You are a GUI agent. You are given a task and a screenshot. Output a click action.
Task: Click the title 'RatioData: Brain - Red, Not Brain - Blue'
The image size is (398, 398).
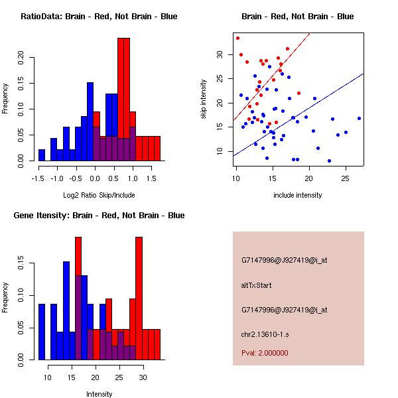(x=99, y=17)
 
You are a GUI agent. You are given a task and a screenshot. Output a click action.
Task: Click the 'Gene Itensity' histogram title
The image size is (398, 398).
(x=99, y=216)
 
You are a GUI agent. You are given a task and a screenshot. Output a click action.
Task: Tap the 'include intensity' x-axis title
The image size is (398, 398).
(x=298, y=196)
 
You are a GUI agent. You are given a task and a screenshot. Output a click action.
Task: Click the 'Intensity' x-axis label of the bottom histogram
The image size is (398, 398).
(x=99, y=395)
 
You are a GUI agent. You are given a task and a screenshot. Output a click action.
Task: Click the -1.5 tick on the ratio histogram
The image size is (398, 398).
(x=38, y=178)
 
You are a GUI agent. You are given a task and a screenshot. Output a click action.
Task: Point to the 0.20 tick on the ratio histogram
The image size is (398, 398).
(x=20, y=57)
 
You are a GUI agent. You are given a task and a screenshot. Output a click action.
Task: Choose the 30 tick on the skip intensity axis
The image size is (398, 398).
(x=219, y=54)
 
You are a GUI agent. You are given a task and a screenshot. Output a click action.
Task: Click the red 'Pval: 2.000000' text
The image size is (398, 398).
(x=265, y=353)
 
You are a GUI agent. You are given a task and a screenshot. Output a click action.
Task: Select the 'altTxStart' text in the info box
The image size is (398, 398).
(x=257, y=285)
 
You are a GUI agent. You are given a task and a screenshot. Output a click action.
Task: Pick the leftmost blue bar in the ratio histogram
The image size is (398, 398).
(x=42, y=155)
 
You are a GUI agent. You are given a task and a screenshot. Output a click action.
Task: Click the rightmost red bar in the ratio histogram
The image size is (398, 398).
(x=157, y=149)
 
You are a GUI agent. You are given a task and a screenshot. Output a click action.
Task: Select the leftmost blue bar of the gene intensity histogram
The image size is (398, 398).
(x=42, y=332)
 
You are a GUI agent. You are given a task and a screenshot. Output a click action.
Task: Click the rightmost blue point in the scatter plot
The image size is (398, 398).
(x=359, y=118)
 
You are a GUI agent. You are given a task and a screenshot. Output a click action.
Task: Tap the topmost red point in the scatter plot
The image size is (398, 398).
(x=237, y=38)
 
